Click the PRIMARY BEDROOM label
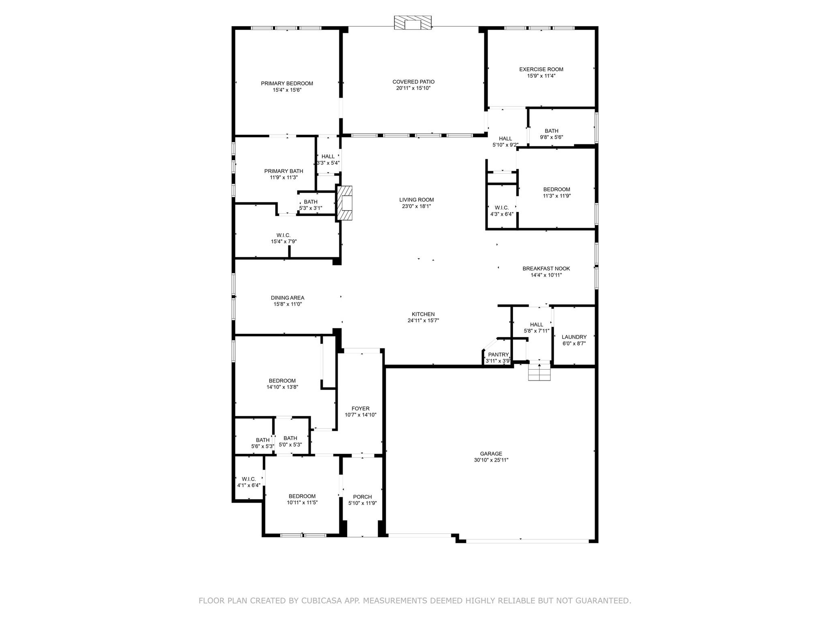click(x=287, y=83)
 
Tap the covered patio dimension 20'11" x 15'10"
click(x=413, y=88)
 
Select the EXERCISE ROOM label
click(x=541, y=69)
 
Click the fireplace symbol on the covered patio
click(x=413, y=23)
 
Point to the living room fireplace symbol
click(x=345, y=203)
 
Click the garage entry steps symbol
click(x=539, y=372)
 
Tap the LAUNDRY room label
click(x=574, y=337)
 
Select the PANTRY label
click(x=498, y=355)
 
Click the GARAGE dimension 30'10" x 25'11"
click(x=491, y=460)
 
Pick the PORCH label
click(x=362, y=497)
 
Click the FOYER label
click(x=360, y=409)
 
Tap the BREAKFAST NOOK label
click(x=546, y=268)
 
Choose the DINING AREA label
click(x=287, y=298)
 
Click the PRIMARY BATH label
click(x=283, y=171)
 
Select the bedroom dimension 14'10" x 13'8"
click(x=282, y=387)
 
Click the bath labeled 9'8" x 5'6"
click(x=551, y=134)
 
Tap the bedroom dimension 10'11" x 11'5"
click(x=302, y=503)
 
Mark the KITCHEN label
click(x=423, y=314)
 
